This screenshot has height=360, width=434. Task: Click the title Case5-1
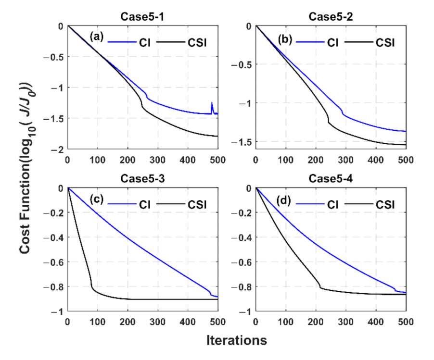point(142,18)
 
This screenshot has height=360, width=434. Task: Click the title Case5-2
point(330,18)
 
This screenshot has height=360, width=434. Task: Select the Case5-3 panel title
point(142,181)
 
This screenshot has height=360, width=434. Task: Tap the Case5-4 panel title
point(330,181)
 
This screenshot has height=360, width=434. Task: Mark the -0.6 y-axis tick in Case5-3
point(55,262)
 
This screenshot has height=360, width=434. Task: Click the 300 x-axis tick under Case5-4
point(345,322)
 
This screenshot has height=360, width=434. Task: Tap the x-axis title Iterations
point(236,341)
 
